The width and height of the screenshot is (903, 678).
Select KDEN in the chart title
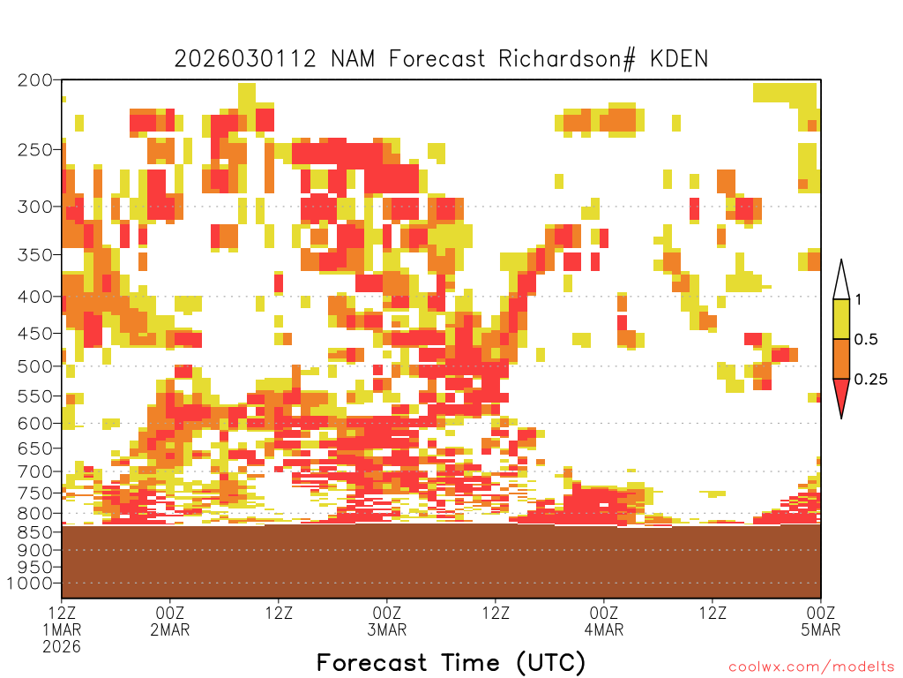tap(678, 59)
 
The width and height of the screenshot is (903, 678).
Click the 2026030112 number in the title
tap(245, 59)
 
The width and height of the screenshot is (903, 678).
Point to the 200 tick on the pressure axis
tap(35, 80)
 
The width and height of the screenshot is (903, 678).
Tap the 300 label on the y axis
tap(35, 207)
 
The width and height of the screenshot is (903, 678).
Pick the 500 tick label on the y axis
tap(35, 366)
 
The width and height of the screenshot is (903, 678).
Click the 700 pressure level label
tap(35, 471)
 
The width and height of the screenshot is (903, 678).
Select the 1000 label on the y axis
tap(30, 584)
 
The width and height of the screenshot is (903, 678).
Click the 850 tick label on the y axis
tap(35, 531)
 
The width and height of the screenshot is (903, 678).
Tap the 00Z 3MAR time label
tap(387, 621)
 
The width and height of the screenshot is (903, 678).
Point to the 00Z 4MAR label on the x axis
tap(604, 621)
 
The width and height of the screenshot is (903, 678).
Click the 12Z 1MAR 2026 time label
tap(62, 629)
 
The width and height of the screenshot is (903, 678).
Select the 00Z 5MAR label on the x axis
tap(821, 621)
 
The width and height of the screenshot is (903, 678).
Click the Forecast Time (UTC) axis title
tap(451, 663)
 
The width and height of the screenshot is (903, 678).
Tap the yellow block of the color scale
tap(841, 319)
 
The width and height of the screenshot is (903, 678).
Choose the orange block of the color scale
tap(841, 358)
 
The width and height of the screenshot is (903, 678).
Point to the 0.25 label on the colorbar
tap(870, 380)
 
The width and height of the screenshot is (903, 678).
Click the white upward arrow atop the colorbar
tap(841, 282)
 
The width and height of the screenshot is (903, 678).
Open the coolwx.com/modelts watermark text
tap(811, 667)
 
